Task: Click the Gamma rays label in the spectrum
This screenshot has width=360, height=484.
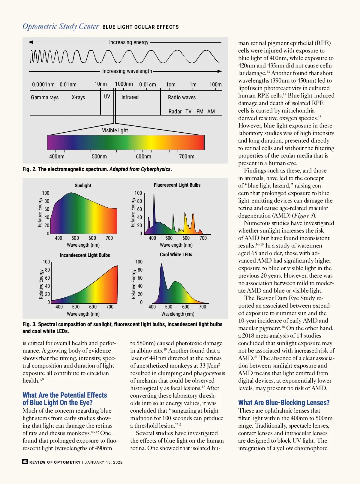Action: [x=45, y=98]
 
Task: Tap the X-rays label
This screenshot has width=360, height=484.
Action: [x=78, y=98]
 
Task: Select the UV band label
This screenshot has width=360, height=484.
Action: [x=107, y=97]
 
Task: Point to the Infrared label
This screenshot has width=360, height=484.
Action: [x=130, y=97]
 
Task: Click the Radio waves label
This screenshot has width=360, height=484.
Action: [x=182, y=98]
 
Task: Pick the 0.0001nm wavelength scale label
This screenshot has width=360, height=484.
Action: [x=43, y=85]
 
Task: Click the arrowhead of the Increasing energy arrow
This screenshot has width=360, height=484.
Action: [x=31, y=42]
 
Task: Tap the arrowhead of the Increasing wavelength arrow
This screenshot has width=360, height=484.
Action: [x=220, y=71]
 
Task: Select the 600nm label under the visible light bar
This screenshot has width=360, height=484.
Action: [x=143, y=157]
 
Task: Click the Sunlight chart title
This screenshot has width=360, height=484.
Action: [x=83, y=185]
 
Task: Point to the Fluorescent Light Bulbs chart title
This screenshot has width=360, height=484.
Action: [x=177, y=185]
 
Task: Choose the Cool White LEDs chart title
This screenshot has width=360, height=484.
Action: [x=176, y=254]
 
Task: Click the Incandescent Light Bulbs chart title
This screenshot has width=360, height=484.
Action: [x=85, y=255]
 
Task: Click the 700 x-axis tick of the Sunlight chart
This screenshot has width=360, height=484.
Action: [x=109, y=238]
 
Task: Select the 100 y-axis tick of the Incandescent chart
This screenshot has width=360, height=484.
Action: [x=46, y=262]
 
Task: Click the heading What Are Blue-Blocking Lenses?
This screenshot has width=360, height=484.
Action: [x=284, y=403]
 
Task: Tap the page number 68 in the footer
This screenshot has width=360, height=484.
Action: [x=25, y=462]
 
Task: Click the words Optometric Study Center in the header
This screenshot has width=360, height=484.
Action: [x=61, y=26]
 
